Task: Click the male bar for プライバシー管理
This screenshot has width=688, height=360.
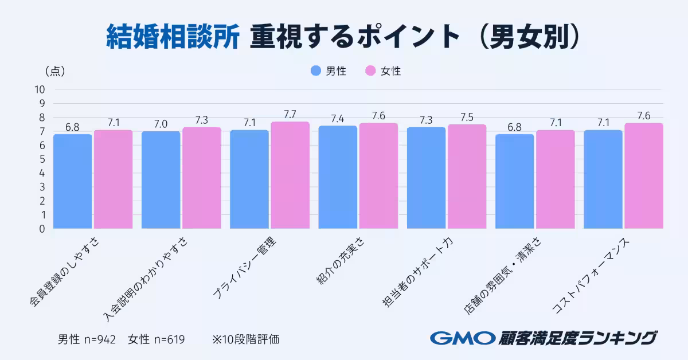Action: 249,179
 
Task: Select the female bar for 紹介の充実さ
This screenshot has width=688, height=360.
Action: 378,176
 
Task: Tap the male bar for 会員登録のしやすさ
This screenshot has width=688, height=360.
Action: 72,181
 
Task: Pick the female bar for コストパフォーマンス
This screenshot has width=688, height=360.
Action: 644,176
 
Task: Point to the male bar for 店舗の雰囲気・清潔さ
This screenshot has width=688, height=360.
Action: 514,181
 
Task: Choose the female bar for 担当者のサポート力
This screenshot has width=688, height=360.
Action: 467,177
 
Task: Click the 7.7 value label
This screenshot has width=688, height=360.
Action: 290,114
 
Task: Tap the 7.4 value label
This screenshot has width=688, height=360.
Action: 338,118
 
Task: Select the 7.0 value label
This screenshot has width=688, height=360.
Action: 161,124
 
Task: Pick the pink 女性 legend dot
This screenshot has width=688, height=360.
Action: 370,71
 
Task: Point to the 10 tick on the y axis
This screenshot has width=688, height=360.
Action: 40,89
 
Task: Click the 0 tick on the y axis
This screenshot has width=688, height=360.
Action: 42,229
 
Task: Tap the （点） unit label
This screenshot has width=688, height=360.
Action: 54,71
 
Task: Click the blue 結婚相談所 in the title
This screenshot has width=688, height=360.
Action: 173,38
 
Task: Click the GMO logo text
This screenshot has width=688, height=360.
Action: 462,338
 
